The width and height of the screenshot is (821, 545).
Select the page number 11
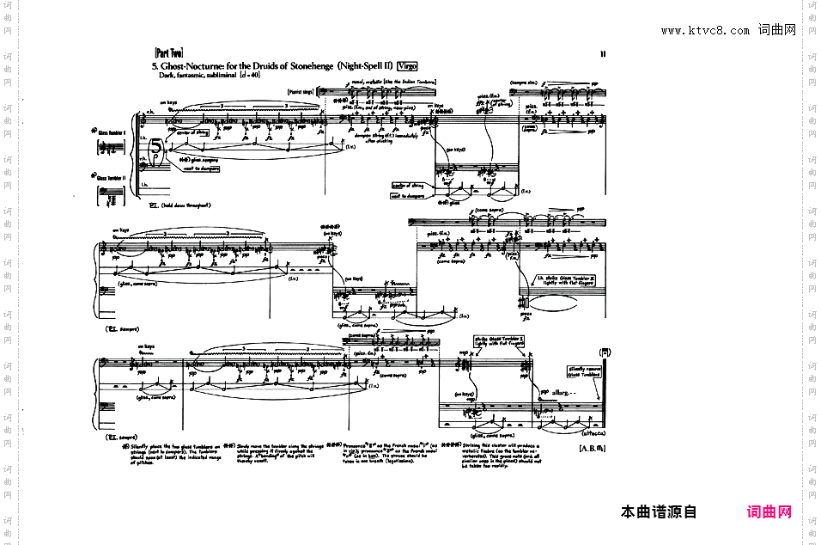[x=603, y=54]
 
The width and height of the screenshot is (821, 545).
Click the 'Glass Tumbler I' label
[x=111, y=132]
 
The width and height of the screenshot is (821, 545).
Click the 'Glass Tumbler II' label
[x=111, y=178]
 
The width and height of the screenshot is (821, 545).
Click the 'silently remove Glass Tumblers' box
[x=584, y=372]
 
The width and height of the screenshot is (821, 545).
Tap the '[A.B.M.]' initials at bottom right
[x=593, y=449]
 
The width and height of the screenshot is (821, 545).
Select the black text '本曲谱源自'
[x=659, y=512]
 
